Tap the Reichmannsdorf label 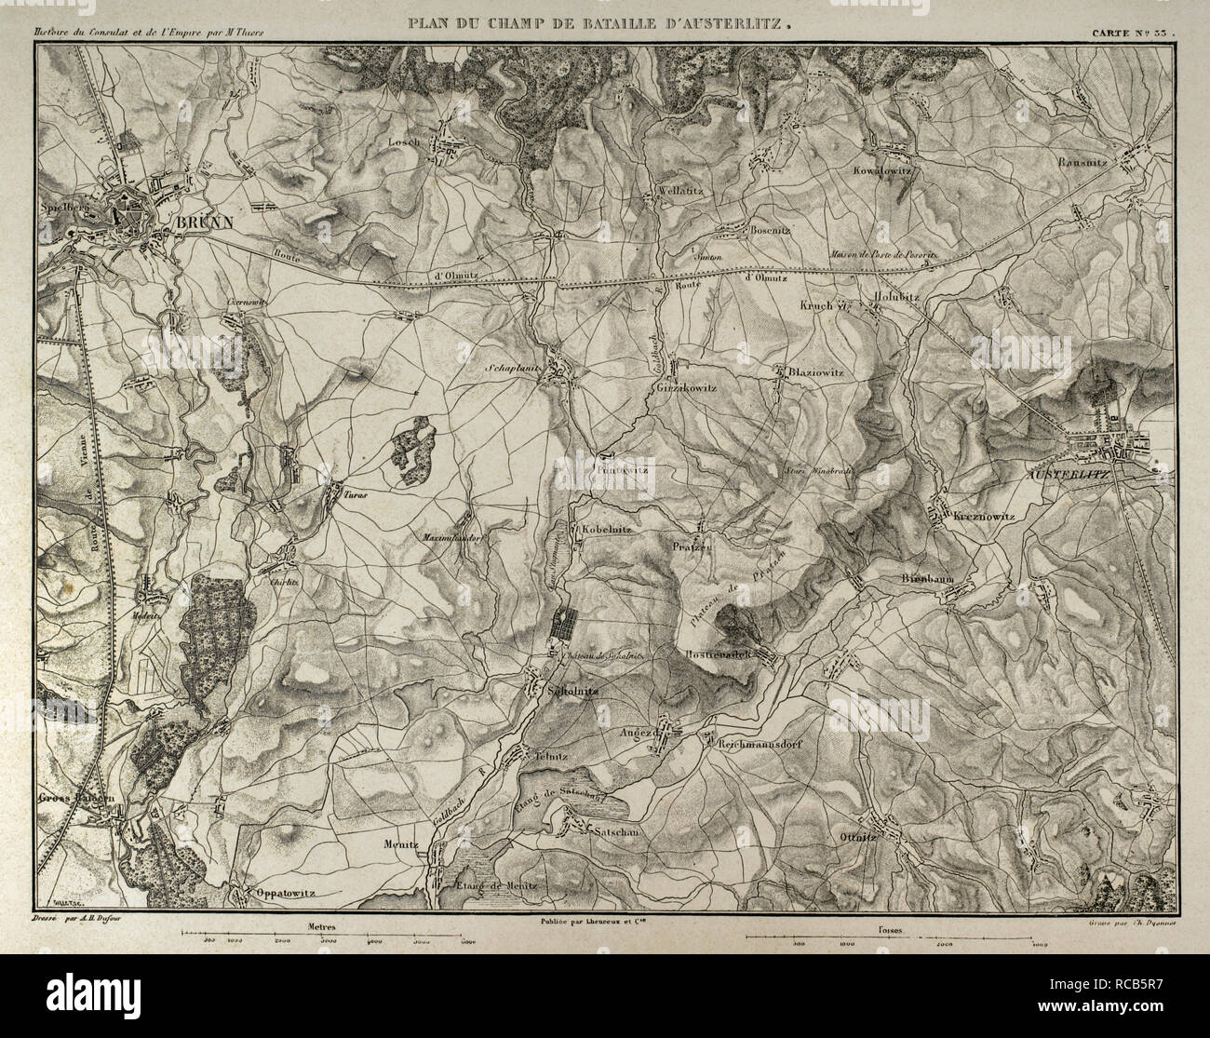pos(769,745)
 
